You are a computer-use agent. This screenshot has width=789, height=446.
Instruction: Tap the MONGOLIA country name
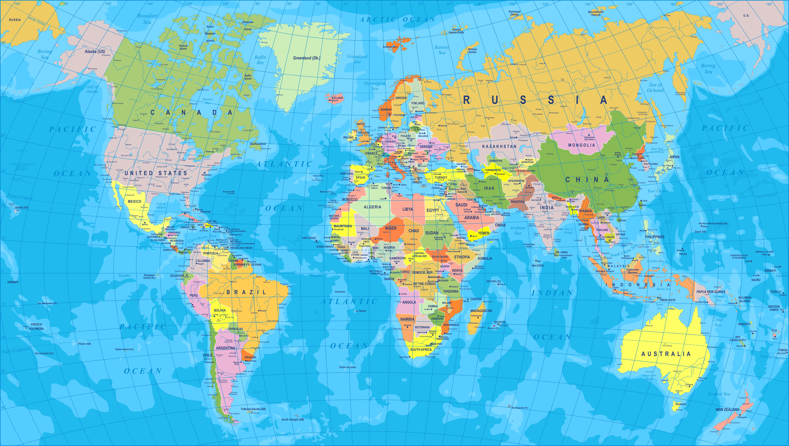[581, 145]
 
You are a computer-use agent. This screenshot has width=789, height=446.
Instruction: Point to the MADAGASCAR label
[481, 311]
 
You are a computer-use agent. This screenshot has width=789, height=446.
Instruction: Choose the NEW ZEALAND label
[727, 410]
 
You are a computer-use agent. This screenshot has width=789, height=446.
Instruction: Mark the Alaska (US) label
[95, 52]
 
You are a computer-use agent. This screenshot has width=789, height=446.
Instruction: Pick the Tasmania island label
[680, 404]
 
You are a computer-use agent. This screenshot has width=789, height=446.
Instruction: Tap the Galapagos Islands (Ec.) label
[150, 276]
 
